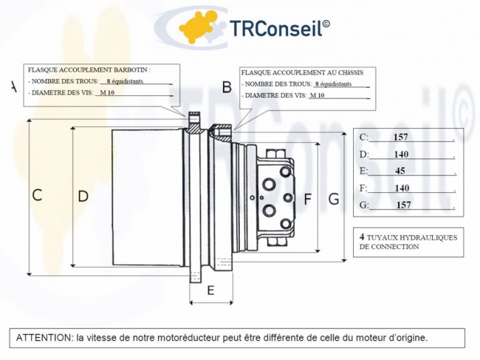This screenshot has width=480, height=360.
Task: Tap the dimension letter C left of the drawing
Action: click(x=37, y=195)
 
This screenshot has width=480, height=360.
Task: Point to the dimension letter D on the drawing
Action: click(x=83, y=196)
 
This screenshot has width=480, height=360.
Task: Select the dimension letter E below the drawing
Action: click(x=210, y=291)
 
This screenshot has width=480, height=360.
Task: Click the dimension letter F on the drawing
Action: click(x=308, y=198)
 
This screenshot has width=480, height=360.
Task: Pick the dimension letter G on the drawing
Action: click(x=333, y=198)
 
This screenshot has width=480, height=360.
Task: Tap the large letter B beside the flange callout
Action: click(x=227, y=88)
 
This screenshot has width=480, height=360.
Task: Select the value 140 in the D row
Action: click(x=401, y=154)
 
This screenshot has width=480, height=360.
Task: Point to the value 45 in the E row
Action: click(x=401, y=171)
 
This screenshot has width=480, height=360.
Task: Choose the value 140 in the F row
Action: click(x=402, y=189)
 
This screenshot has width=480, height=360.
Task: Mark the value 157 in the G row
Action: click(x=403, y=206)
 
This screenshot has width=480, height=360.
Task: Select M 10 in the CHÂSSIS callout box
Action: click(x=318, y=96)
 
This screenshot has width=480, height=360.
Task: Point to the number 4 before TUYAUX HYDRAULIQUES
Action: click(x=362, y=237)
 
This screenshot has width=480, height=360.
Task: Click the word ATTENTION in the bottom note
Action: click(x=44, y=337)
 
